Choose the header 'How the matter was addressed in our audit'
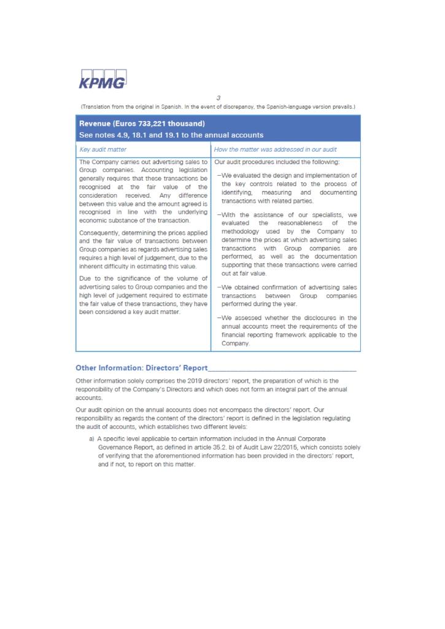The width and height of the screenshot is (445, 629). [275, 149]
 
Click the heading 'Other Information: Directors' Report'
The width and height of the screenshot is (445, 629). [141, 369]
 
